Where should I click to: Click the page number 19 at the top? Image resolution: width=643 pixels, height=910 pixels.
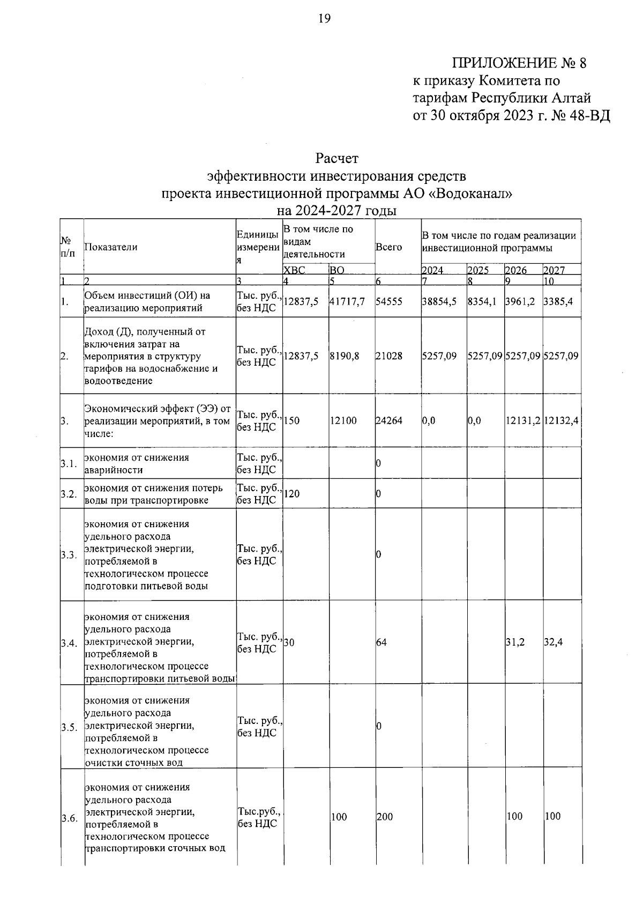325,19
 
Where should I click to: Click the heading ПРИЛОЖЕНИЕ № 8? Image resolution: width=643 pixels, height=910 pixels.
519,63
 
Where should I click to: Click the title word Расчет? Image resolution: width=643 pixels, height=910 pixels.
337,159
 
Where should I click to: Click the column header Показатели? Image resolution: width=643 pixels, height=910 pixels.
111,247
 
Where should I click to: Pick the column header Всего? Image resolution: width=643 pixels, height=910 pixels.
388,247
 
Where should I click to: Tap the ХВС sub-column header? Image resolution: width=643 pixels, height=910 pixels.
294,270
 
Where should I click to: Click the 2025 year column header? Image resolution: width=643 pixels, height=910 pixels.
478,270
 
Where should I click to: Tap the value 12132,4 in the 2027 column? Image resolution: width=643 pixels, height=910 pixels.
561,421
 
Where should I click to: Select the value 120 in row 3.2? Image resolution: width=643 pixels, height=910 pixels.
291,494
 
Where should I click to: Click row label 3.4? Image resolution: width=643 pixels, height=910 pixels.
69,642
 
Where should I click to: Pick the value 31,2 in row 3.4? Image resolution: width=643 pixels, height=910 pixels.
515,642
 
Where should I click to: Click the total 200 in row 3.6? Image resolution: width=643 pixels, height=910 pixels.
385,817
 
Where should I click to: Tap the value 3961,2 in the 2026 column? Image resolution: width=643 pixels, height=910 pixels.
520,302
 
